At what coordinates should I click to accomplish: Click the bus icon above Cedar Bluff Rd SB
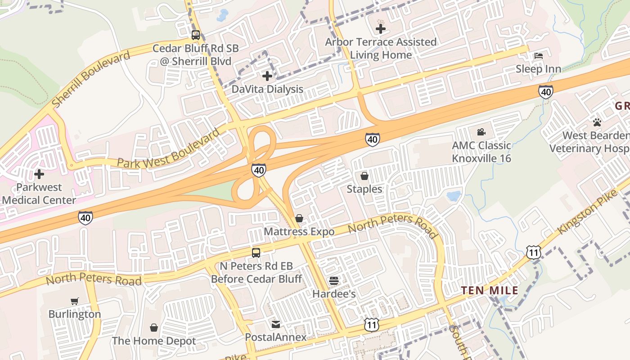click(x=196, y=35)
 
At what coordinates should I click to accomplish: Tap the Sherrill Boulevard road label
click(x=90, y=79)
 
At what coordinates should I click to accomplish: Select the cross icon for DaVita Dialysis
click(x=267, y=76)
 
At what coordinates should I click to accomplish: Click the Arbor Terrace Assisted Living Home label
click(x=381, y=49)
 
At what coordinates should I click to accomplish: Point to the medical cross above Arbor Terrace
click(x=381, y=29)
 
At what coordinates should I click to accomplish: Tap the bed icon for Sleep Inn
click(x=538, y=56)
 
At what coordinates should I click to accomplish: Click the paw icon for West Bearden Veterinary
click(x=597, y=122)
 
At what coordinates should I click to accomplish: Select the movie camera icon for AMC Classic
click(x=481, y=132)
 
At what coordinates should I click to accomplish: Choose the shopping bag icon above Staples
click(x=364, y=176)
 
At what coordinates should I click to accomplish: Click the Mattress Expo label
click(x=299, y=232)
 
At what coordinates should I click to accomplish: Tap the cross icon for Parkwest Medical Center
click(x=39, y=174)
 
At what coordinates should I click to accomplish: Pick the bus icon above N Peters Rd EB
click(x=256, y=253)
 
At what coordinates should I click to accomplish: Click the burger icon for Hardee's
click(x=334, y=281)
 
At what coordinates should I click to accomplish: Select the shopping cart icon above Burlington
click(x=75, y=301)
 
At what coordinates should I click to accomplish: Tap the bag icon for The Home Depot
click(x=154, y=328)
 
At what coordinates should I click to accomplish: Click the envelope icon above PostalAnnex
click(x=275, y=324)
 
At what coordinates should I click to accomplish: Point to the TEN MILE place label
click(x=490, y=291)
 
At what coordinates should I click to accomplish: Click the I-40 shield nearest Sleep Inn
click(x=545, y=92)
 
